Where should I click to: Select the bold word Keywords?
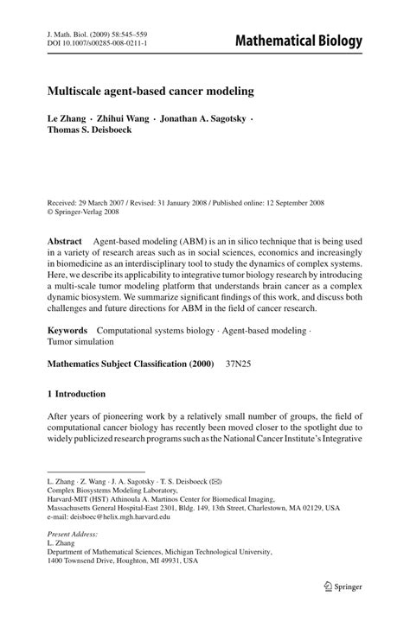click(x=67, y=330)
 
